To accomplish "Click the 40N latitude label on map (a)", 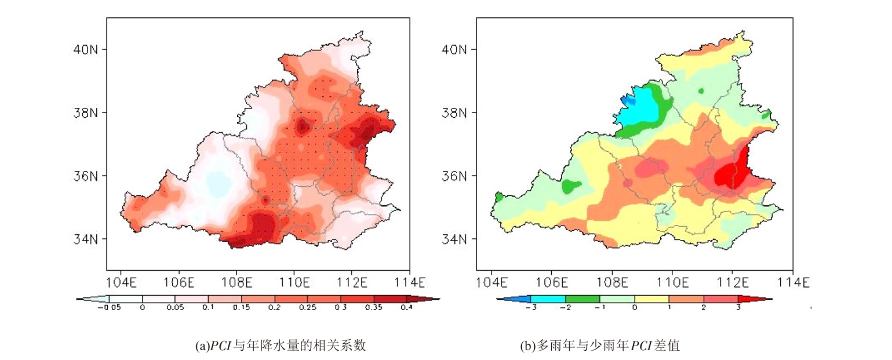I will [x=85, y=49].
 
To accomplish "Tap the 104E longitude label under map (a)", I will [x=121, y=283].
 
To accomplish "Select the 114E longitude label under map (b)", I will [x=793, y=283].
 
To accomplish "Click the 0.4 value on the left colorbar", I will [x=406, y=308].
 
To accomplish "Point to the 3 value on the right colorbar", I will [x=738, y=308].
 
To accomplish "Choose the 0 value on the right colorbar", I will [x=634, y=308].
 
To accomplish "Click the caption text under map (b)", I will [x=600, y=346].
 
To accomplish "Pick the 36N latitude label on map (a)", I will [x=85, y=176].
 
